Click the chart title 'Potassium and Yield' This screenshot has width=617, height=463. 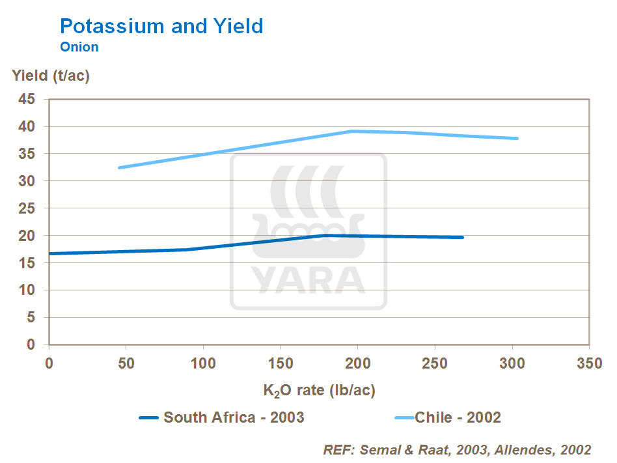(161, 26)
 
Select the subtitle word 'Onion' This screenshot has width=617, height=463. (79, 47)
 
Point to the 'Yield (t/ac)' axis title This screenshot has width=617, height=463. (51, 76)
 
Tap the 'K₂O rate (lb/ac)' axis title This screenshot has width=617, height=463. (320, 391)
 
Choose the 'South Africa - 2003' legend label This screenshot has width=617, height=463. (234, 417)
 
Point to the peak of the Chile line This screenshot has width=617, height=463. (352, 131)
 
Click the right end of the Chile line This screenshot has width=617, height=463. (517, 138)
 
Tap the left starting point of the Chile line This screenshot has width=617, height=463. (120, 167)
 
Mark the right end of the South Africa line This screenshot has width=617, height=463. (462, 237)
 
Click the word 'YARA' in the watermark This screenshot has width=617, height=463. (308, 279)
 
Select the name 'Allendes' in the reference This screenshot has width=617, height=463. (530, 450)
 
